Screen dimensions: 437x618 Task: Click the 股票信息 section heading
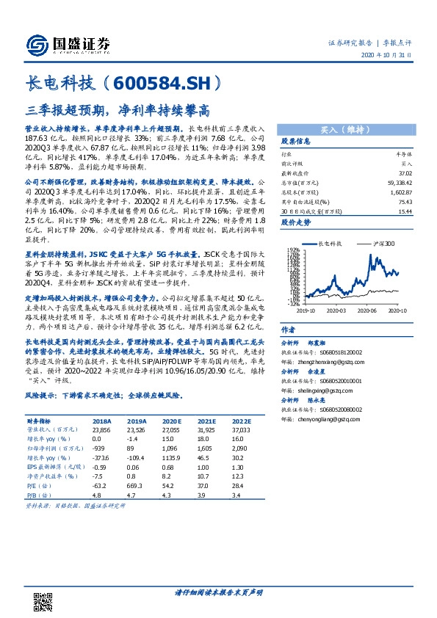pos(297,141)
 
